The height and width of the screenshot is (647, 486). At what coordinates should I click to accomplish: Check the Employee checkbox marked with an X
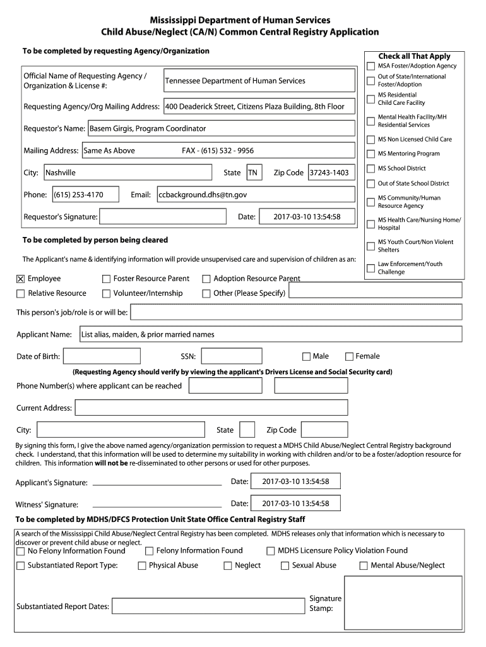(20, 279)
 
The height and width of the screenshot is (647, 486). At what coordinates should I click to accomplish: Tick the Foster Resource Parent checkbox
(106, 279)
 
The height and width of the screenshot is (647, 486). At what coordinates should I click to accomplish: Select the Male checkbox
(307, 356)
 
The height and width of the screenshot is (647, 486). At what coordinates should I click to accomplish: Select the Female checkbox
(349, 356)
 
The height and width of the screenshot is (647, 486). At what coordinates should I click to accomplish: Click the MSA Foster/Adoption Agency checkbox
(370, 66)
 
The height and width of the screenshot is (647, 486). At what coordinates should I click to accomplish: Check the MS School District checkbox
(370, 169)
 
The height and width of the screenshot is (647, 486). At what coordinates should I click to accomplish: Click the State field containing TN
(254, 172)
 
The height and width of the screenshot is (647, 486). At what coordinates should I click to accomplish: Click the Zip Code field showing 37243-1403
(331, 172)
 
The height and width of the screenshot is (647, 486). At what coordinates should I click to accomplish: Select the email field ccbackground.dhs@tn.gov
(256, 195)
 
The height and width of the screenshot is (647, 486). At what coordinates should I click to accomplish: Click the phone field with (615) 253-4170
(85, 195)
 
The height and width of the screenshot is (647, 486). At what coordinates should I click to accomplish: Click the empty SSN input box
(231, 356)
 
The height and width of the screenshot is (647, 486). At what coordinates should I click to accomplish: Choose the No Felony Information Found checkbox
(20, 551)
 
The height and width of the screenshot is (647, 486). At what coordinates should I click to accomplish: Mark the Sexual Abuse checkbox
(285, 565)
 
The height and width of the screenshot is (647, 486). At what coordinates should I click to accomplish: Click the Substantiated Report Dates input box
(208, 606)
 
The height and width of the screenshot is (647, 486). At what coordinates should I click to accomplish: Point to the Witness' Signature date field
(295, 504)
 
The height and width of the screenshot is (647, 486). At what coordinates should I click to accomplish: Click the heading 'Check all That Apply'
(414, 56)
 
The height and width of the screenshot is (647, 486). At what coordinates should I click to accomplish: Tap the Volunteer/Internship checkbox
(106, 293)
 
